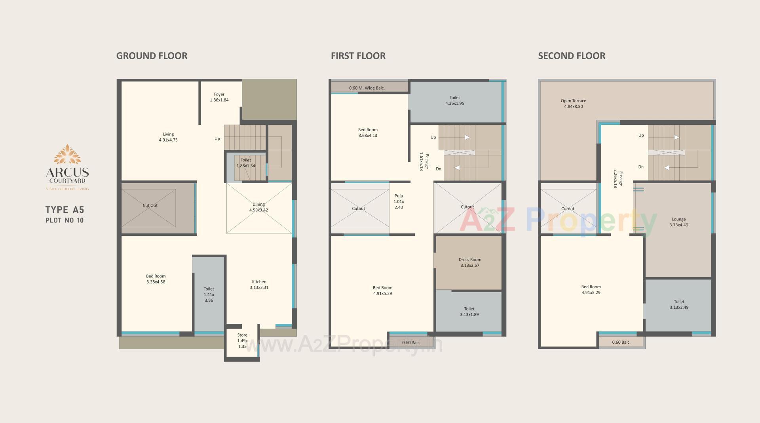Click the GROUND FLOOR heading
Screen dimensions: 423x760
[152, 56]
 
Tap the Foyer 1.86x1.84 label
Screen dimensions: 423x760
[219, 97]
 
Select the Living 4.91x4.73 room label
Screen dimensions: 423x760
[168, 137]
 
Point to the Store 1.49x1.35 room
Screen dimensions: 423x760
[242, 341]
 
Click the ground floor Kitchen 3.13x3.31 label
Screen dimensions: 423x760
[259, 285]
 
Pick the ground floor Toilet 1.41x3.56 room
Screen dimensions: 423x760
[209, 295]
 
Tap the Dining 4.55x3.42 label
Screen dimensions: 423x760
[258, 207]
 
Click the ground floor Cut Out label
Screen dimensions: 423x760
[150, 205]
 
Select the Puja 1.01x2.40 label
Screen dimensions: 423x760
[399, 201]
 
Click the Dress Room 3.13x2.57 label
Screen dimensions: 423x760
[470, 262]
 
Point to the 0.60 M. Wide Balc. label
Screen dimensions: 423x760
[367, 88]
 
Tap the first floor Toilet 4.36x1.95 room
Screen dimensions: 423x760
[454, 100]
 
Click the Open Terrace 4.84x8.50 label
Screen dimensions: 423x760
[573, 103]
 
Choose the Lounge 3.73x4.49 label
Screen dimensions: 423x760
[678, 222]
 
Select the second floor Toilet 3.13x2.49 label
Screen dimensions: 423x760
[679, 304]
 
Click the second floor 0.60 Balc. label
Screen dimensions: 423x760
[621, 342]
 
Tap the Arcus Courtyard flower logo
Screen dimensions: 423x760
[67, 155]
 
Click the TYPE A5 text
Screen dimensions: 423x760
[65, 210]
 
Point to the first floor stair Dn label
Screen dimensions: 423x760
[438, 169]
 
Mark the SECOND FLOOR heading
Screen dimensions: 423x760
[571, 56]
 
